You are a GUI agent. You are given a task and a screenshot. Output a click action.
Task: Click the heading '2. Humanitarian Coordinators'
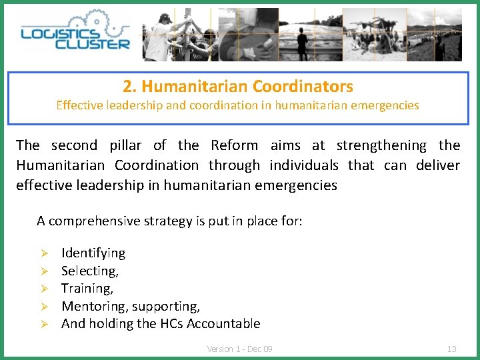[238, 86]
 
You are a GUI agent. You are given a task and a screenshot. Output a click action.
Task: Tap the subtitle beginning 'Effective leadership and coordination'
[238, 105]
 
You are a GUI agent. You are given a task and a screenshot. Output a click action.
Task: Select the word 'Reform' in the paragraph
[234, 145]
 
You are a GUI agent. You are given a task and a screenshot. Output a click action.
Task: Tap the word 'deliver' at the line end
[438, 165]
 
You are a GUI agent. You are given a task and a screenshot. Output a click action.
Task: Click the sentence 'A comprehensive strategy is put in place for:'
[169, 221]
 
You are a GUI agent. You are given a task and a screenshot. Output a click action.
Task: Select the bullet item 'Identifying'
[93, 253]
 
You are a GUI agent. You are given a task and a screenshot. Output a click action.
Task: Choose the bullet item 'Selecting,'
[90, 271]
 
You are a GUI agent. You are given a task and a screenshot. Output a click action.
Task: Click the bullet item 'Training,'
[87, 288]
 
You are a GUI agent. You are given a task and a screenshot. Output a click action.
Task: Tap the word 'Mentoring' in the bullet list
[94, 306]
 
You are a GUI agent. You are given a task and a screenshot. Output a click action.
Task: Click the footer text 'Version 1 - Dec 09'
[239, 349]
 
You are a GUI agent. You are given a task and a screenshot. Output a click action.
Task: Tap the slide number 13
[451, 349]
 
